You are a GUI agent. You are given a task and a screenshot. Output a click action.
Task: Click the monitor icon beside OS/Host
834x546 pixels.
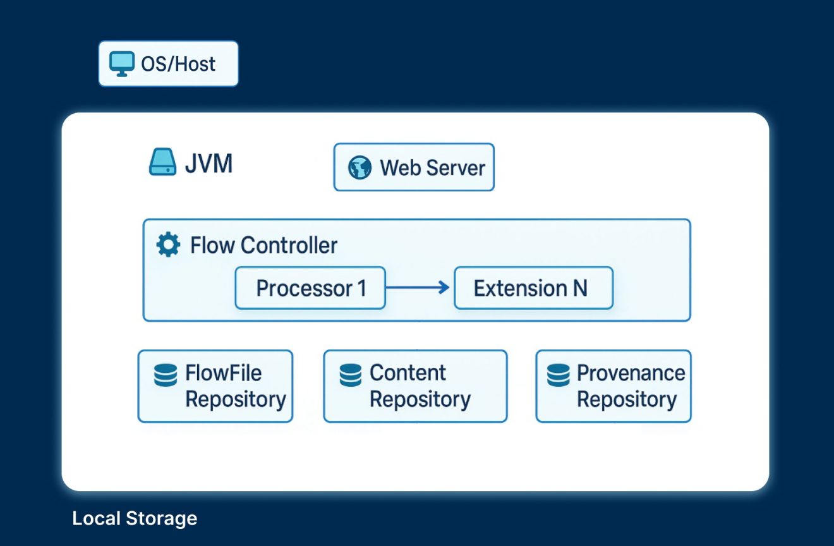121,64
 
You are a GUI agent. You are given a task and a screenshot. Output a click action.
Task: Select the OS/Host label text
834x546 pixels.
178,64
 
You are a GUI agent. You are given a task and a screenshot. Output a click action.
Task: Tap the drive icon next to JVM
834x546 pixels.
162,164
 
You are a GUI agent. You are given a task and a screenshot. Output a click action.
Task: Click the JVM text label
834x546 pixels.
208,164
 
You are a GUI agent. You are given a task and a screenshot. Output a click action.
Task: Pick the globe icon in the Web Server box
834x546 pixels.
360,168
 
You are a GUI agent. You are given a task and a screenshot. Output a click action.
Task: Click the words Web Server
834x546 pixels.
432,168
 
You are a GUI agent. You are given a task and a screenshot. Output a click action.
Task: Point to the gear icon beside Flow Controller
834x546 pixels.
167,245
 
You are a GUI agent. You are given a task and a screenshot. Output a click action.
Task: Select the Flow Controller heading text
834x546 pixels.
263,245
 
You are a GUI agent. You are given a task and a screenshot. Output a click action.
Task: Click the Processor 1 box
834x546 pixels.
310,288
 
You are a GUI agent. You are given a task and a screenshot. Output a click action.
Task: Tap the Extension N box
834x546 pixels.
533,288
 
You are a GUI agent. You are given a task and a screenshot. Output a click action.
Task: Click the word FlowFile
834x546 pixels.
223,373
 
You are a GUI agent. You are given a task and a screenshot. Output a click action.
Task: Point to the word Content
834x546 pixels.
408,373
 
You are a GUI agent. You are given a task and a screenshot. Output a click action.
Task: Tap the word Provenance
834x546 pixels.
631,373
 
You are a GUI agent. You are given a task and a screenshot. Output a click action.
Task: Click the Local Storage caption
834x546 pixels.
135,519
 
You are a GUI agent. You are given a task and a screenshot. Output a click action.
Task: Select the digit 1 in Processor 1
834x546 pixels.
362,288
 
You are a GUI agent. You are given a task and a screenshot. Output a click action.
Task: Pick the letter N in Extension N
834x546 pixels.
579,288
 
